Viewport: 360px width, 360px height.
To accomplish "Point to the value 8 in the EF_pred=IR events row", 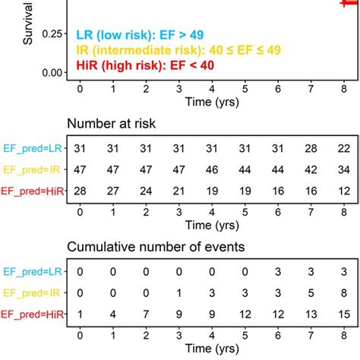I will click(346, 291).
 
